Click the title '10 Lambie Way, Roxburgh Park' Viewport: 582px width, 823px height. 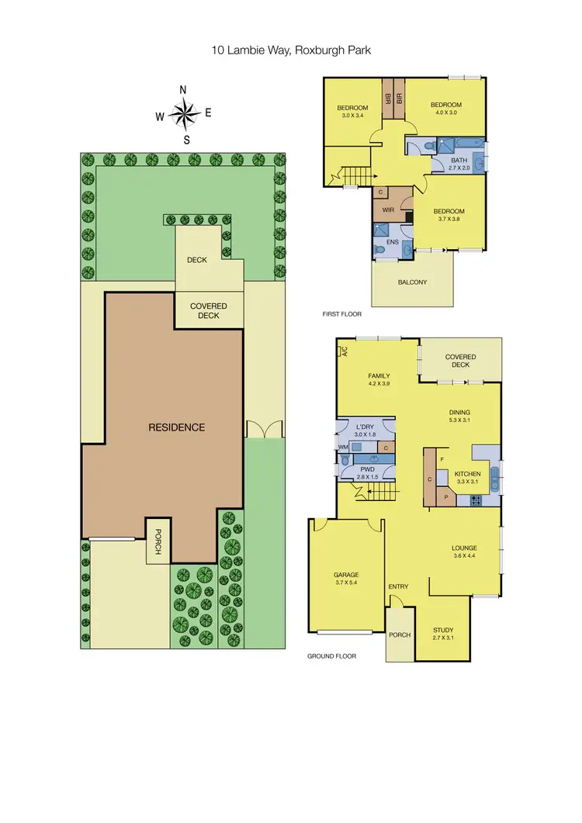click(x=290, y=49)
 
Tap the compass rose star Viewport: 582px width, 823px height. click(x=185, y=115)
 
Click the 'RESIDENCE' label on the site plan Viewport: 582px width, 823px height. click(x=178, y=427)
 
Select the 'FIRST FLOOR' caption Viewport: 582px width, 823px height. click(x=342, y=314)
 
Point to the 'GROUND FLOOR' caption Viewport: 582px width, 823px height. click(x=332, y=656)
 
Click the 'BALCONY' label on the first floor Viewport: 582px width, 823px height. click(x=412, y=282)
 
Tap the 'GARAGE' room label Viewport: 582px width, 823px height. click(x=347, y=575)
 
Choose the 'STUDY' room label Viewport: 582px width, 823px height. click(x=443, y=630)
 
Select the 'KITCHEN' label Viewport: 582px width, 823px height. click(x=467, y=474)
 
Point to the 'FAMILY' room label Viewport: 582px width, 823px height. click(x=378, y=376)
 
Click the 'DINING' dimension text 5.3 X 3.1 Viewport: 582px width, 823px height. click(x=460, y=421)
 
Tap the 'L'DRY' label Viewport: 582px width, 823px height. click(x=365, y=427)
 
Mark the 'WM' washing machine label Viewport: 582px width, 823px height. click(x=342, y=448)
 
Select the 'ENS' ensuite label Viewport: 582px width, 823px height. click(x=393, y=242)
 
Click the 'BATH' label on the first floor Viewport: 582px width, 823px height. click(x=459, y=160)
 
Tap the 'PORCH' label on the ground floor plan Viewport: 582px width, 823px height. click(x=400, y=635)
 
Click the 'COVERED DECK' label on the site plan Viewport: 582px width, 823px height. click(x=208, y=311)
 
